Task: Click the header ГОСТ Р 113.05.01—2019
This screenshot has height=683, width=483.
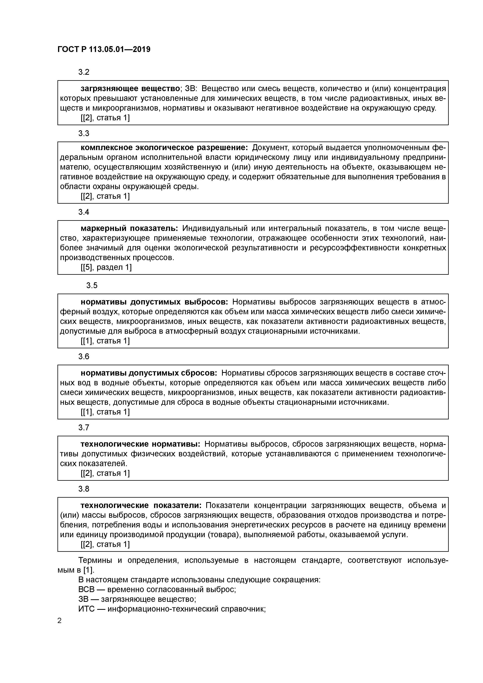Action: click(104, 49)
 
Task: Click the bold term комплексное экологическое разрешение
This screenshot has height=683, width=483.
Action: click(164, 148)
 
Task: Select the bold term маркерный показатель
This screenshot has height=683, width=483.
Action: click(129, 228)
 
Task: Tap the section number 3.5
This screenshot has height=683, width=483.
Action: click(92, 286)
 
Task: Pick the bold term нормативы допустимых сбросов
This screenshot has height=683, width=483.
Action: click(149, 373)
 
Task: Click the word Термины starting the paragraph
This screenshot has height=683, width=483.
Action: click(95, 561)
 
